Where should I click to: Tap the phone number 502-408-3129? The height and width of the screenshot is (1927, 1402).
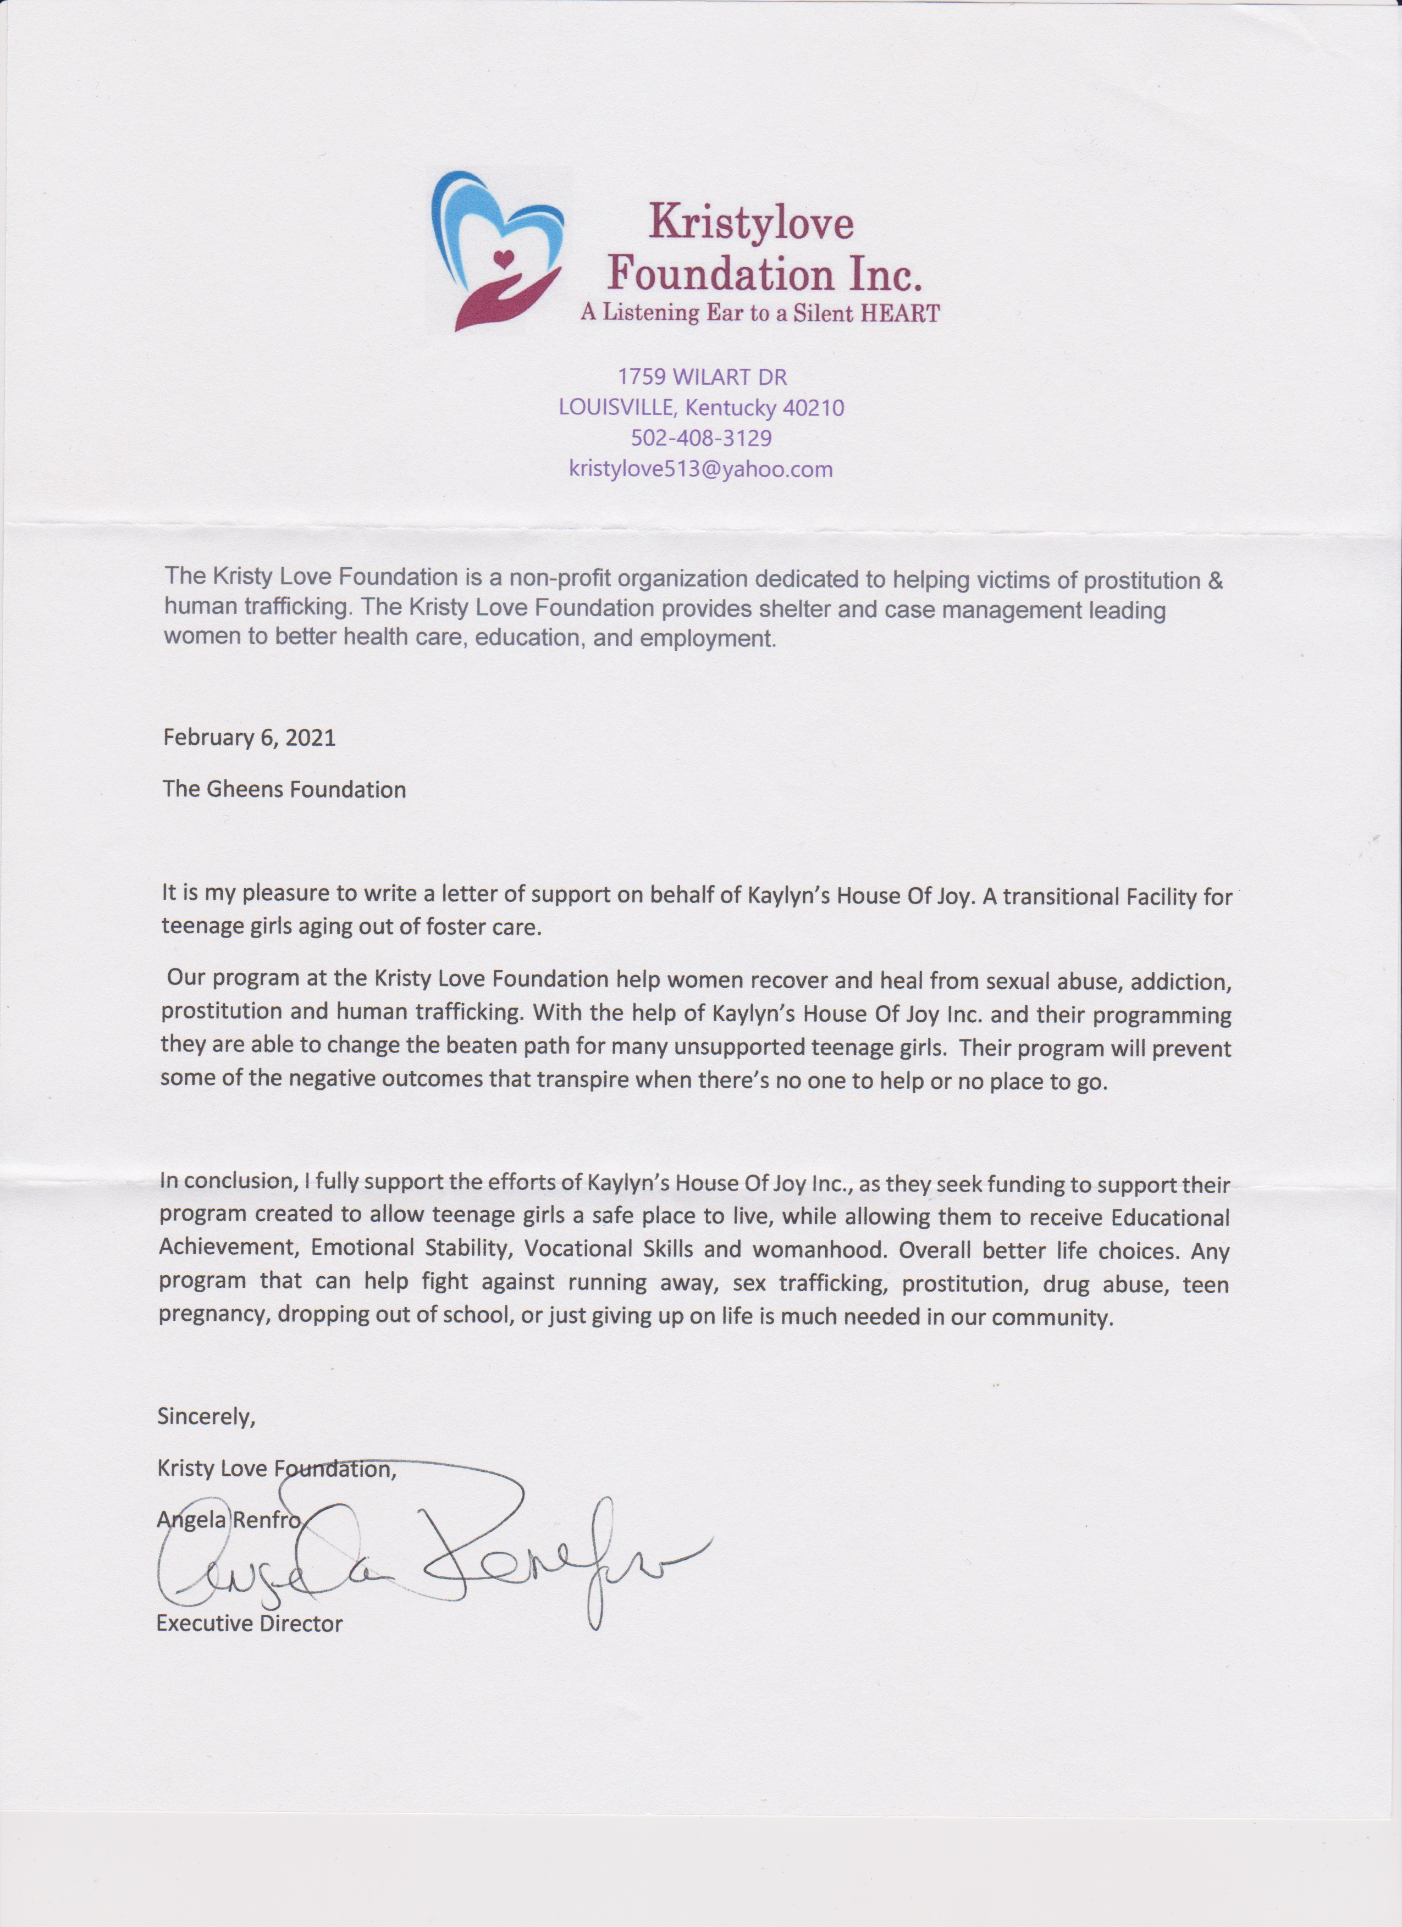point(701,439)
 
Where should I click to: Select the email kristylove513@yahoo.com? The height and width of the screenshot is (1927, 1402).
point(701,469)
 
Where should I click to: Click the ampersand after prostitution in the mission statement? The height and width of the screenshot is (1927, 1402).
point(1216,581)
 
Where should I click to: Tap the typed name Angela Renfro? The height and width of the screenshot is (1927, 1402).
point(229,1520)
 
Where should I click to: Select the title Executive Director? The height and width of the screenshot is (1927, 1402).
point(249,1624)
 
